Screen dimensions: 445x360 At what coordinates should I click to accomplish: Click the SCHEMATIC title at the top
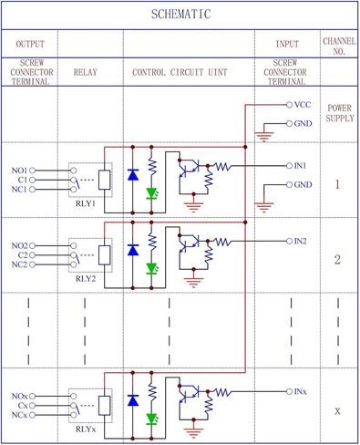point(180,15)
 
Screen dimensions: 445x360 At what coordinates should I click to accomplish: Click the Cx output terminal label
point(21,404)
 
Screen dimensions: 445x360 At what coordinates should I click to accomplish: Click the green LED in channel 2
point(152,269)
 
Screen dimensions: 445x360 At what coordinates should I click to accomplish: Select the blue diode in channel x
point(133,398)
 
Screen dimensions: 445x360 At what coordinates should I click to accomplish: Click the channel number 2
point(337,260)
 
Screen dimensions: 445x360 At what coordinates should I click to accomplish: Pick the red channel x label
point(337,410)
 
